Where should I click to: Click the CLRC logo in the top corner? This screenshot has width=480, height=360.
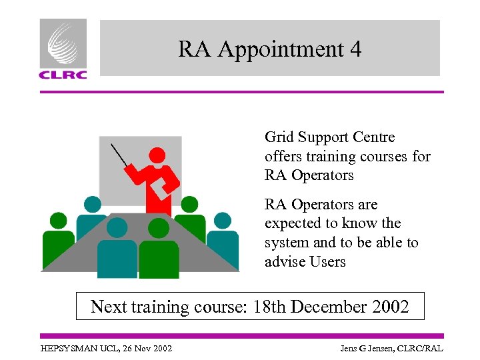point(63,49)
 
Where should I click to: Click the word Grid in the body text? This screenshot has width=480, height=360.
point(279,138)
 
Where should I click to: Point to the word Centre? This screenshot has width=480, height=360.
point(373,137)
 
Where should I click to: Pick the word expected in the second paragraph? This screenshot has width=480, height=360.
point(291,224)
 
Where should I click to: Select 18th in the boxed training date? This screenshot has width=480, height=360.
point(270,307)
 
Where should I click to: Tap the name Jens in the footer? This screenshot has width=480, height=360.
point(351,349)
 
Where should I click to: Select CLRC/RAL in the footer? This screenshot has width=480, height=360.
point(421,349)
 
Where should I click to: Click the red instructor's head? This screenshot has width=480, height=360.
point(157,155)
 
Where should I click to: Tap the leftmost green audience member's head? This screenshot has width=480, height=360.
point(59,221)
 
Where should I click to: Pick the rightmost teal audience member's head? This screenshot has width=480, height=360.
point(222,220)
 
